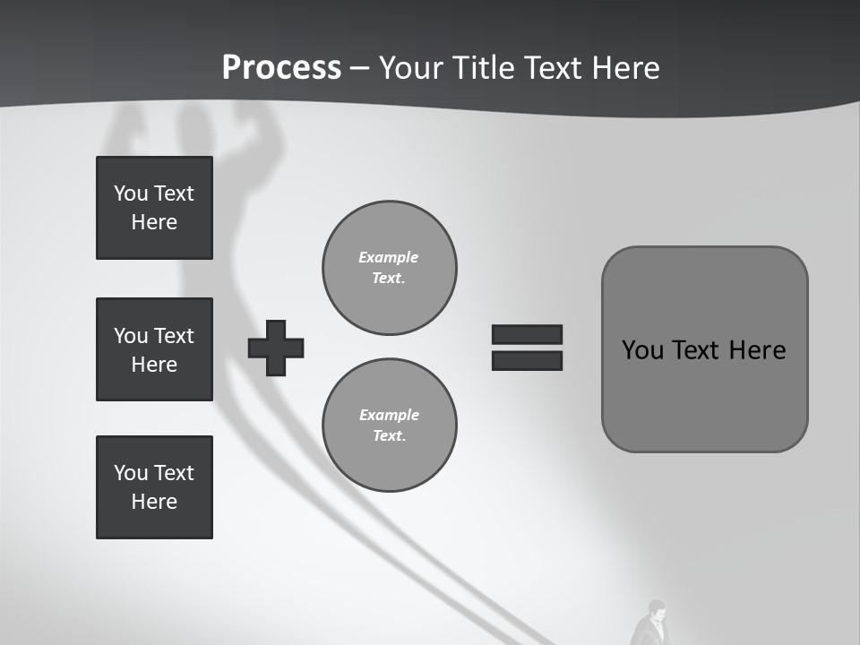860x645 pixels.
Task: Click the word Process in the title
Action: pos(281,68)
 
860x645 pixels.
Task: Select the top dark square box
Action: pos(154,208)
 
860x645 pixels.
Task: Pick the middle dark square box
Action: pos(154,349)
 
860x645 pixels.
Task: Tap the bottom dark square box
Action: pos(154,487)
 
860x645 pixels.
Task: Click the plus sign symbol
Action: pos(276,348)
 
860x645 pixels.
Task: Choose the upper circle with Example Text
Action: pos(390,268)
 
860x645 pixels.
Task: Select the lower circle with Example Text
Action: pos(390,426)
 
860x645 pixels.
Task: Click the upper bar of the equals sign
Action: pos(527,334)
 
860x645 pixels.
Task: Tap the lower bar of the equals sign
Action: pos(527,361)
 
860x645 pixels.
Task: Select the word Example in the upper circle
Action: pos(389,257)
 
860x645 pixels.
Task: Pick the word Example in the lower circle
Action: pos(389,415)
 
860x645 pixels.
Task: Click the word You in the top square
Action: pos(129,193)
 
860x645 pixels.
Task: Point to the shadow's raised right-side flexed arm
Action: pos(260,134)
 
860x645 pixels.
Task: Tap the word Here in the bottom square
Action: pos(154,502)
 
